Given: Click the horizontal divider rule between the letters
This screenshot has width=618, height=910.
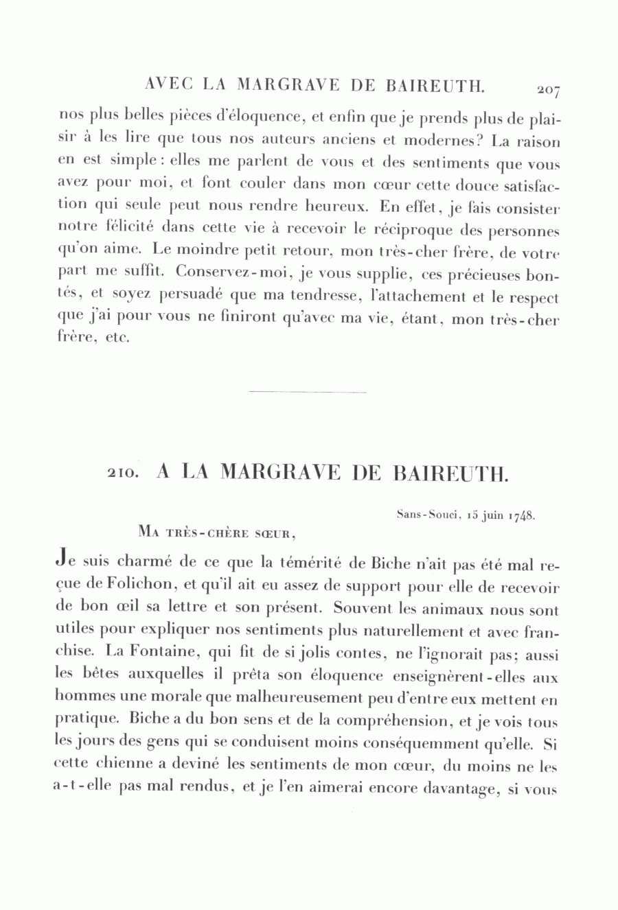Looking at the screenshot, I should tap(308, 392).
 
